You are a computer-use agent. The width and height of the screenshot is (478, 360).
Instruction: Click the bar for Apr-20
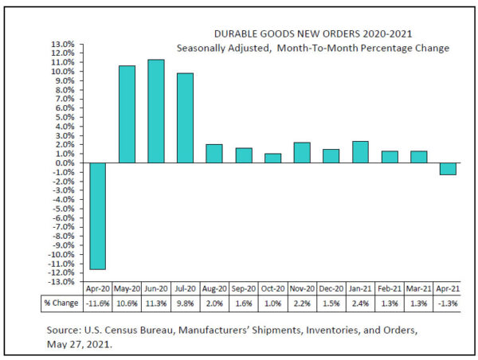tap(98, 216)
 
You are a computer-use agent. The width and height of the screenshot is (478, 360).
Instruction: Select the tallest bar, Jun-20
tap(156, 111)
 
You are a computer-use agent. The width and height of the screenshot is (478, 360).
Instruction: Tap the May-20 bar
tap(127, 114)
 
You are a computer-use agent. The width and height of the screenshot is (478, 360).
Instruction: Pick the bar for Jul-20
tap(185, 118)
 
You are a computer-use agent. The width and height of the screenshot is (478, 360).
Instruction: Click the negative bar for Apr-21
tap(448, 169)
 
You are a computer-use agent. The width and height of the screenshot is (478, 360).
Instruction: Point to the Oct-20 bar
tap(272, 158)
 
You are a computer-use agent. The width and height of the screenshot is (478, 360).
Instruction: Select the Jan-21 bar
tap(360, 152)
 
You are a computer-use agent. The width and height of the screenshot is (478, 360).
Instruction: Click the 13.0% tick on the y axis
tap(64, 44)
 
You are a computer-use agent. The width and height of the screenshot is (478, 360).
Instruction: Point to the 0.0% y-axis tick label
tap(65, 163)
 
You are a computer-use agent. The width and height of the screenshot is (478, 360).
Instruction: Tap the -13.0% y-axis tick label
tap(62, 282)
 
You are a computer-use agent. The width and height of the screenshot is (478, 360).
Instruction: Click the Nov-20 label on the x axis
tap(302, 289)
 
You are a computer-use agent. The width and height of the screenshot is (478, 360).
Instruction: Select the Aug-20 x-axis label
tap(214, 289)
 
